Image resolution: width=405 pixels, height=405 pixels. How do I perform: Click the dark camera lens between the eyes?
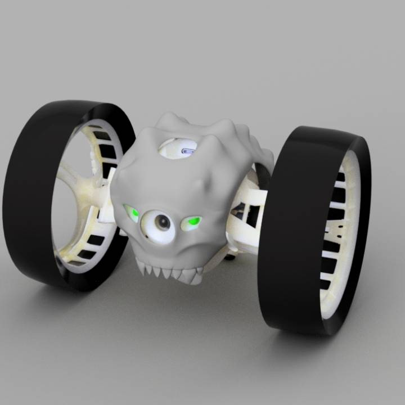point(163,223)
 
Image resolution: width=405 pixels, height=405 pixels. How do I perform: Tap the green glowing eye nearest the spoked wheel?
point(132,213)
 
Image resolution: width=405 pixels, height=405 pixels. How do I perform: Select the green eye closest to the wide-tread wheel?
point(192,222)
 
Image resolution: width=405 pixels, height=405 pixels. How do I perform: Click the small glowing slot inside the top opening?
point(189,150)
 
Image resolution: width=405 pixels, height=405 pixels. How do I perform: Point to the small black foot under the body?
point(229,257)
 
